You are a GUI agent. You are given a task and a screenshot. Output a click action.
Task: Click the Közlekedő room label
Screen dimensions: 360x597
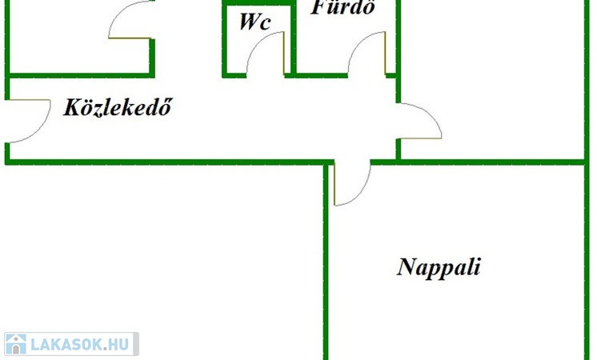118,107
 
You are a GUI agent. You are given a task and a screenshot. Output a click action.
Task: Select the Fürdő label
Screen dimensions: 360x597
343,8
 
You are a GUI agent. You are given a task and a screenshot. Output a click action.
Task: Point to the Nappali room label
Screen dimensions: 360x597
439,266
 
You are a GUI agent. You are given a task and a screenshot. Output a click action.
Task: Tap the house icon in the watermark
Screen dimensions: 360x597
15,345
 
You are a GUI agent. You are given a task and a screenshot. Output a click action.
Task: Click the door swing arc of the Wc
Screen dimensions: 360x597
264,52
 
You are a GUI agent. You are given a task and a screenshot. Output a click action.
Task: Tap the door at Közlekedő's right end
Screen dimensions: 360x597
421,120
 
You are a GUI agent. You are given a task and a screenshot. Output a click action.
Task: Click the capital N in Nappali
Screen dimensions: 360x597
407,266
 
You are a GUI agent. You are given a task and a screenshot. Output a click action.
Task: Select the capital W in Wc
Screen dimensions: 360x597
247,22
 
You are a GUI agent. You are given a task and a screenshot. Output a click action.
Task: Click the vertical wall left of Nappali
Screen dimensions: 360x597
327,264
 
